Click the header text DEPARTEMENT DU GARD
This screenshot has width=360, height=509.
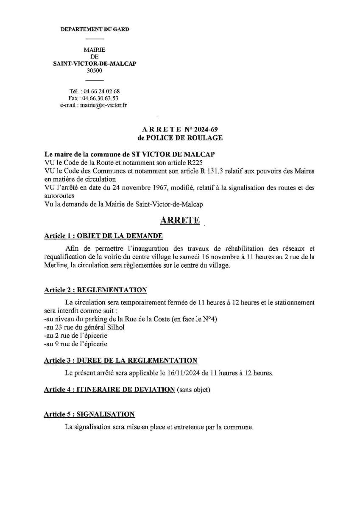click(95, 29)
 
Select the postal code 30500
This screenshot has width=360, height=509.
click(95, 71)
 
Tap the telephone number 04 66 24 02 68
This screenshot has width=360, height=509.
click(102, 91)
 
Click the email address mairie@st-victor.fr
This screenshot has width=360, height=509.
click(102, 105)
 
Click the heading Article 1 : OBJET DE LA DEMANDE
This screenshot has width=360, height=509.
click(103, 236)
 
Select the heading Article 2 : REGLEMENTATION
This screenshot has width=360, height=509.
click(95, 290)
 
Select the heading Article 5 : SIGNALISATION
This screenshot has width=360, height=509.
click(89, 414)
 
